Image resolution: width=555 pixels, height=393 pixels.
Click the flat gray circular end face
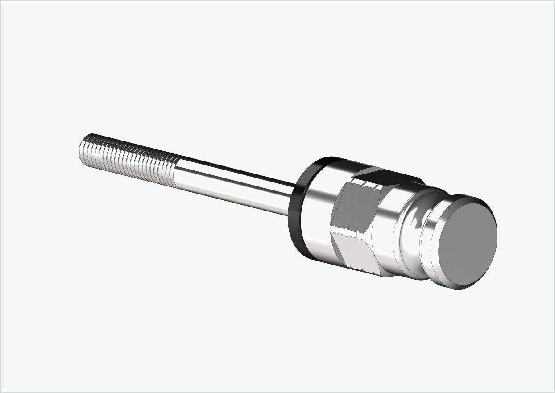tap(468, 241)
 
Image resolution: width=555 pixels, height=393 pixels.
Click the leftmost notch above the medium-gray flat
tap(353, 181)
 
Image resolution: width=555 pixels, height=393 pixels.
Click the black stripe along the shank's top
tap(236, 170)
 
